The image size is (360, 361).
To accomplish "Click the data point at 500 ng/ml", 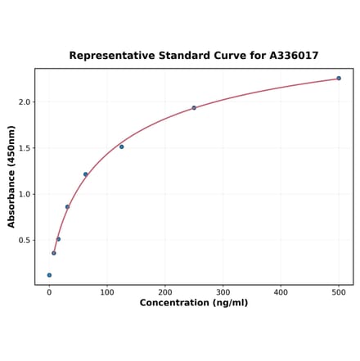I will [x=339, y=79].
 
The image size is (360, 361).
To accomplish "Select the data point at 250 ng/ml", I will [x=194, y=108].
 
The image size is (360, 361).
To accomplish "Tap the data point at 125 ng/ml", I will [x=121, y=147].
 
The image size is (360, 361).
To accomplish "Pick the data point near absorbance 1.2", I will [x=85, y=174].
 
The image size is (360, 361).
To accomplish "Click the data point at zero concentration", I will [x=49, y=275].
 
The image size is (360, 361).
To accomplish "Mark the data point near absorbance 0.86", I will [x=67, y=207].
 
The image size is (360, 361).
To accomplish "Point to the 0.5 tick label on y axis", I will [x=24, y=241].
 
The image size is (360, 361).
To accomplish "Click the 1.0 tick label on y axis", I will [x=24, y=195].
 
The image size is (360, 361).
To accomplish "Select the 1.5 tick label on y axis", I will [x=24, y=148].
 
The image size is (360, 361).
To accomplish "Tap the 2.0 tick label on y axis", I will [x=24, y=102].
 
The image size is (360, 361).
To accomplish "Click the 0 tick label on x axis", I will [x=49, y=292].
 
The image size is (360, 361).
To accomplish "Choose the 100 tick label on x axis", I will [x=107, y=292].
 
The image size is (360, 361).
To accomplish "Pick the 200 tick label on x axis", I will [x=165, y=292].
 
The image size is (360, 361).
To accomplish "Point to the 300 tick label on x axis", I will [x=223, y=292].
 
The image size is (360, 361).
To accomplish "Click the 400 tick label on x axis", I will [x=281, y=292].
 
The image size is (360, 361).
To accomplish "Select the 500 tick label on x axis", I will [x=339, y=292].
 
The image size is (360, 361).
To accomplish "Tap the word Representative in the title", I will [x=111, y=56].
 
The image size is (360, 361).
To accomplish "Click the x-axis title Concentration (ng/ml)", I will [x=194, y=304].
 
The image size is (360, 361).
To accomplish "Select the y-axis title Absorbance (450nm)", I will [x=11, y=177].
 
